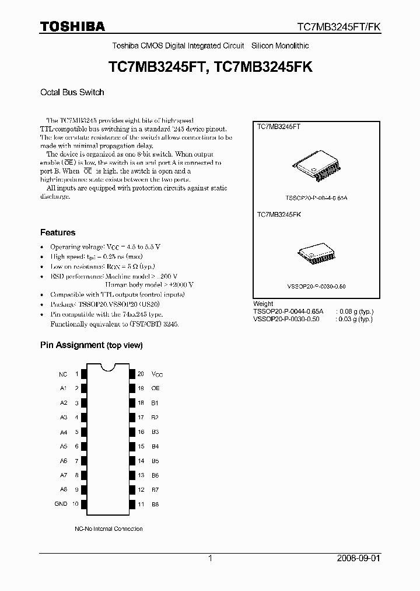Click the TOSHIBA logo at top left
point(72,26)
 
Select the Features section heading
point(58,232)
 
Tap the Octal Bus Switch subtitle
point(72,92)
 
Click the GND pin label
point(61,503)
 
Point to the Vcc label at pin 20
point(157,374)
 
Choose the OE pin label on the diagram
point(156,388)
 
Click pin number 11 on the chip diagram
point(141,504)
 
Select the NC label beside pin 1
point(63,374)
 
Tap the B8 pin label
point(155,504)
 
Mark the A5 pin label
point(63,446)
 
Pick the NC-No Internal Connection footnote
point(108,529)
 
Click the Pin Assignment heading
point(91,345)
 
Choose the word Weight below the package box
point(263,304)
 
